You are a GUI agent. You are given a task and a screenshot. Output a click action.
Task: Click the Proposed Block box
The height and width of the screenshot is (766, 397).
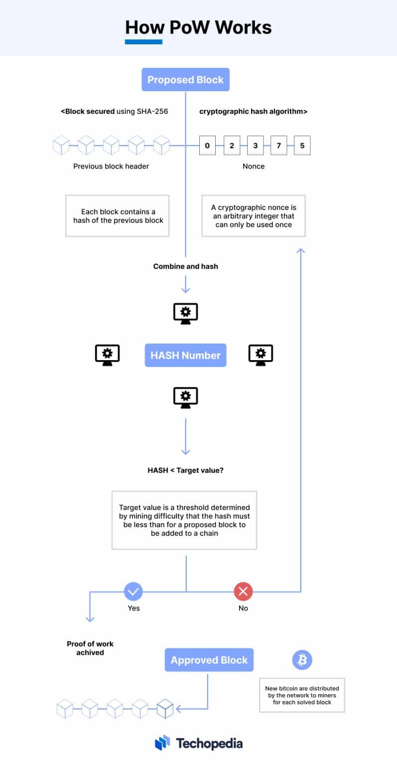click(185, 80)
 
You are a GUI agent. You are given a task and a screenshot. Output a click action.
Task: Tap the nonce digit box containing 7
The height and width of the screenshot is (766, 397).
click(278, 146)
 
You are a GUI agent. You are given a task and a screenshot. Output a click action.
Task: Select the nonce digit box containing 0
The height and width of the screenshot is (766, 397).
click(207, 146)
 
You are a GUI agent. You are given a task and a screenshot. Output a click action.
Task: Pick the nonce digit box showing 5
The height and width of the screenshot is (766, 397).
click(302, 146)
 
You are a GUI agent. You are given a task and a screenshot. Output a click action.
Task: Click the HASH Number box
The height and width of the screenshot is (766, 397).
click(185, 355)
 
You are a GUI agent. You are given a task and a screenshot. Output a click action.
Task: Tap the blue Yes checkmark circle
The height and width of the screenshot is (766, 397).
click(133, 592)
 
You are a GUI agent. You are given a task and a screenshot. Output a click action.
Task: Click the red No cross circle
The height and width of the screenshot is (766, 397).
click(243, 592)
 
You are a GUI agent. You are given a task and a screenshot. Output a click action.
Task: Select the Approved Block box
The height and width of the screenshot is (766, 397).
click(209, 660)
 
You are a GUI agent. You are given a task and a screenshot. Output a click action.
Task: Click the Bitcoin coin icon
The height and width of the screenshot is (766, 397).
click(302, 660)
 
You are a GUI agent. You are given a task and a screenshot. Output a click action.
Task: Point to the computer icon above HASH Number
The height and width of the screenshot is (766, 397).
click(185, 313)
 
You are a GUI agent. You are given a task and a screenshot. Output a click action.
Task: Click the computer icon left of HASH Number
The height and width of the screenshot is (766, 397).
click(107, 355)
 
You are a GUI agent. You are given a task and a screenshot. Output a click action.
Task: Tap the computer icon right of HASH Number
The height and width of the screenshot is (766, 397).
click(261, 355)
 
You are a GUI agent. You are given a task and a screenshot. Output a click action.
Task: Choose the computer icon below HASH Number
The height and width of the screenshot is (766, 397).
click(185, 397)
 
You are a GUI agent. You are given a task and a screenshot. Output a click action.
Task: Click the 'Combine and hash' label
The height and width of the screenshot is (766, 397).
click(185, 266)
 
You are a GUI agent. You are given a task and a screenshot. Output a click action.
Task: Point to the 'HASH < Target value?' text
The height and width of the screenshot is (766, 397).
click(185, 470)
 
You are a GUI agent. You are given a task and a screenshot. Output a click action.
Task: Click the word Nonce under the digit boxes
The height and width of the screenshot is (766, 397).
click(254, 166)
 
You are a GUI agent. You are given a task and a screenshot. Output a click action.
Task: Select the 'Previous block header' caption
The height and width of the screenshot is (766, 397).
click(111, 166)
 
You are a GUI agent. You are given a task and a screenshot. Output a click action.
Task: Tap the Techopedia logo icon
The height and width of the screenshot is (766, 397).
click(162, 743)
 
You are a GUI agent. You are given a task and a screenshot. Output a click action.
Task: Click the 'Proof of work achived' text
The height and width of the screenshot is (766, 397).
click(90, 648)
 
